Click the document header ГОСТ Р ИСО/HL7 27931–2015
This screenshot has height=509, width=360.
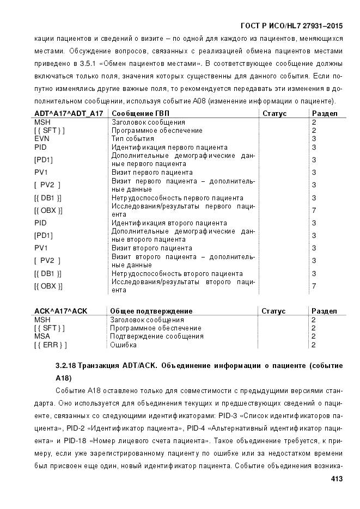[291, 26]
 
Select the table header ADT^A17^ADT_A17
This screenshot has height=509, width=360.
[69, 113]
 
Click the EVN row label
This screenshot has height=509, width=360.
[41, 139]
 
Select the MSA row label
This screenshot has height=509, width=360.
[42, 336]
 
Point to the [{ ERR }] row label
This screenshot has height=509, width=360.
[50, 345]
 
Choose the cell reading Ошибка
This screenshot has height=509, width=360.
[123, 345]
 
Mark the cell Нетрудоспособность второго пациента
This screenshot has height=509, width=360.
[177, 273]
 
